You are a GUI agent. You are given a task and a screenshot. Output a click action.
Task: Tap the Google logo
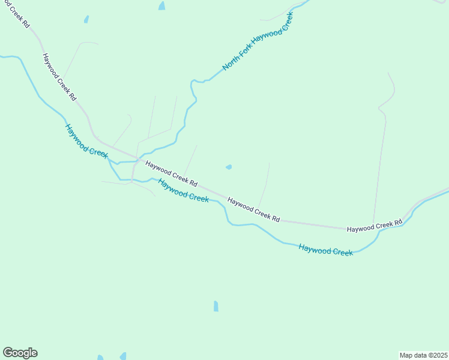[x=20, y=353]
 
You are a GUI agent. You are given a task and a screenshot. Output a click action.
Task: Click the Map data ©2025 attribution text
[x=424, y=355]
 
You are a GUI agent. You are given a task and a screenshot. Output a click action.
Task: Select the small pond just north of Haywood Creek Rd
[x=228, y=167]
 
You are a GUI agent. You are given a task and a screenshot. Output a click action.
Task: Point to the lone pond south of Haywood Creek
[x=216, y=306]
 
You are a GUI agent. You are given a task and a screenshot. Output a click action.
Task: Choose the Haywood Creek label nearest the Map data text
[x=326, y=250]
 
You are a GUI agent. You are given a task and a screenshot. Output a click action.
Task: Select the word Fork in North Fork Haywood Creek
[x=244, y=49]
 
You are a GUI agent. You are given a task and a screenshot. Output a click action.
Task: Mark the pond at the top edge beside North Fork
[x=161, y=6]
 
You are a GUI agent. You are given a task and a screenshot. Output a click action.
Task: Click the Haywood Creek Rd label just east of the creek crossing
[x=172, y=172]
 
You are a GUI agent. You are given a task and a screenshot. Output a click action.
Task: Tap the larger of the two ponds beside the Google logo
[x=122, y=356]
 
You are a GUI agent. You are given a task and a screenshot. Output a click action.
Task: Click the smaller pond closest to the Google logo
[x=100, y=358]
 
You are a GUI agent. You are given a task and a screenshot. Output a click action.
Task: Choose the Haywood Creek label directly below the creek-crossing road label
[x=183, y=190]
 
